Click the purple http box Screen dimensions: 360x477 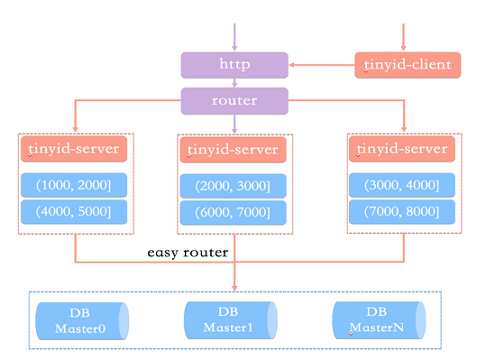pyautogui.click(x=234, y=65)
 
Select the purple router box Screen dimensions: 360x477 pyautogui.click(x=234, y=99)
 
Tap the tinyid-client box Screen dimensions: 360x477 pyautogui.click(x=401, y=65)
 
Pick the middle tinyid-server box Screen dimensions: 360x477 pyautogui.click(x=234, y=147)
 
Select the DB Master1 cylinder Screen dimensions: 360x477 pyautogui.click(x=231, y=319)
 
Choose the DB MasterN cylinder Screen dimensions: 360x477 pyautogui.click(x=378, y=319)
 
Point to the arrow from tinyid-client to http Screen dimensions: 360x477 pyautogui.click(x=321, y=65)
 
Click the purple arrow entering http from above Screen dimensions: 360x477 pyautogui.click(x=234, y=37)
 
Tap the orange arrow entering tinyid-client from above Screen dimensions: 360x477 pyautogui.click(x=402, y=37)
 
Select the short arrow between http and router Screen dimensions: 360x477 pyautogui.click(x=234, y=82)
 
